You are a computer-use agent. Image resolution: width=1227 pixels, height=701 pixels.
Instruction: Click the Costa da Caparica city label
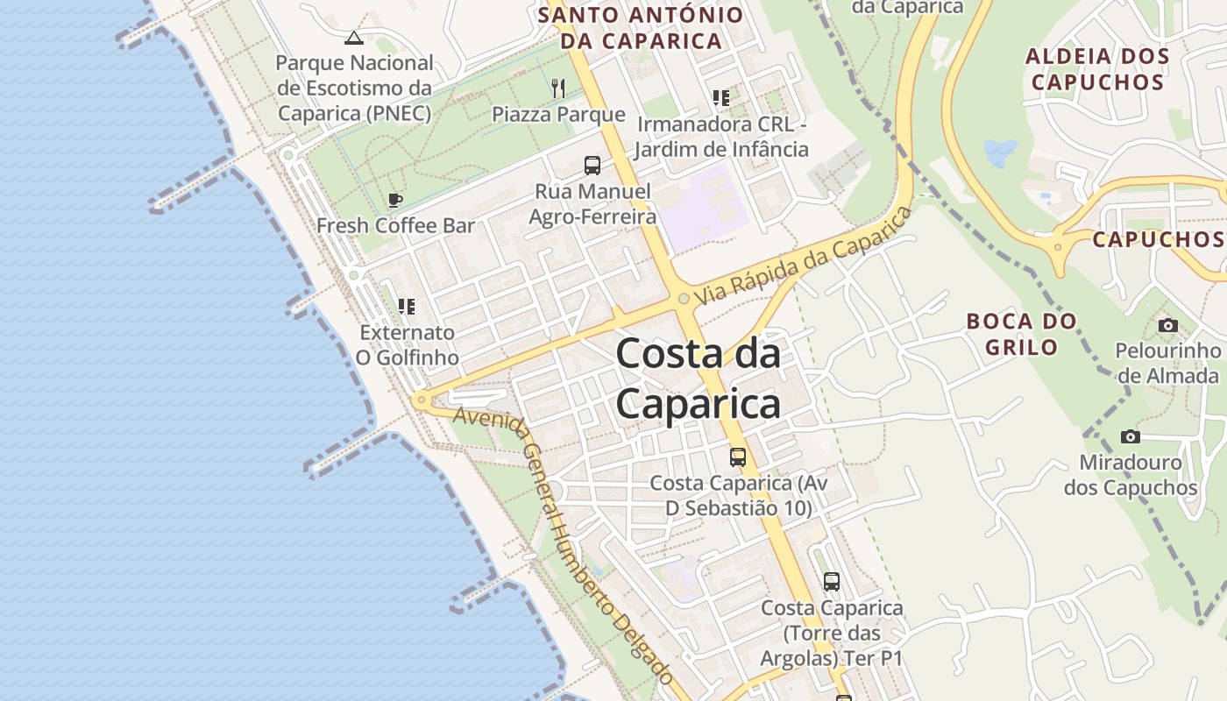point(698,379)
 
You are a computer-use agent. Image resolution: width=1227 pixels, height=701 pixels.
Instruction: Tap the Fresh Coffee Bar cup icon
point(395,200)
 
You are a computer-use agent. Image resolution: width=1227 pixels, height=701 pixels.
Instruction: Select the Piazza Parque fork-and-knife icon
point(558,88)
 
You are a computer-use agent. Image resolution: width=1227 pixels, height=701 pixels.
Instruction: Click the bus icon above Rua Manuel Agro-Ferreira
point(592,165)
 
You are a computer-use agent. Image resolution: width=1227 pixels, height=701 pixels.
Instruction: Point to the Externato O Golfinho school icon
point(406,306)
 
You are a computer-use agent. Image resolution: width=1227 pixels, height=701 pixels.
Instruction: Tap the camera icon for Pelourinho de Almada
point(1167,325)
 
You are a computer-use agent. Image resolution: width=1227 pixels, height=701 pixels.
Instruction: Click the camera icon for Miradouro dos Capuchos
point(1131,436)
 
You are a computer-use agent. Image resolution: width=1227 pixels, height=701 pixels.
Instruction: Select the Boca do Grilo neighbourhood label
point(1022,334)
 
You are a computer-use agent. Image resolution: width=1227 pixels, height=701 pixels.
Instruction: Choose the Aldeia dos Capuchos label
point(1097,69)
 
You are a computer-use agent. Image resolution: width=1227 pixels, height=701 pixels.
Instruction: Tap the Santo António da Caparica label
point(641,28)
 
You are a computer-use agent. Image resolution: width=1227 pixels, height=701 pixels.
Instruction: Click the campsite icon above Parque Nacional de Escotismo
point(353,37)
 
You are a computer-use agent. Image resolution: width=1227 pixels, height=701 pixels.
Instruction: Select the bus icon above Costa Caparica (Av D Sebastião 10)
point(738,457)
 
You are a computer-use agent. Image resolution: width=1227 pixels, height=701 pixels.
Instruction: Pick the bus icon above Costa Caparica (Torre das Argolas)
point(831,581)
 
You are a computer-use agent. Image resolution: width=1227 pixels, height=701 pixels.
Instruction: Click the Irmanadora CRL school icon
point(720,97)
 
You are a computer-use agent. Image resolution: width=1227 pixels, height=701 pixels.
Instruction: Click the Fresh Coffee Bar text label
point(395,225)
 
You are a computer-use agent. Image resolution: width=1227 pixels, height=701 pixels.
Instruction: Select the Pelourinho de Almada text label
point(1167,363)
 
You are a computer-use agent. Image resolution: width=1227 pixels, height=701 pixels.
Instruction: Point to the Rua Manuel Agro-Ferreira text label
point(592,203)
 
